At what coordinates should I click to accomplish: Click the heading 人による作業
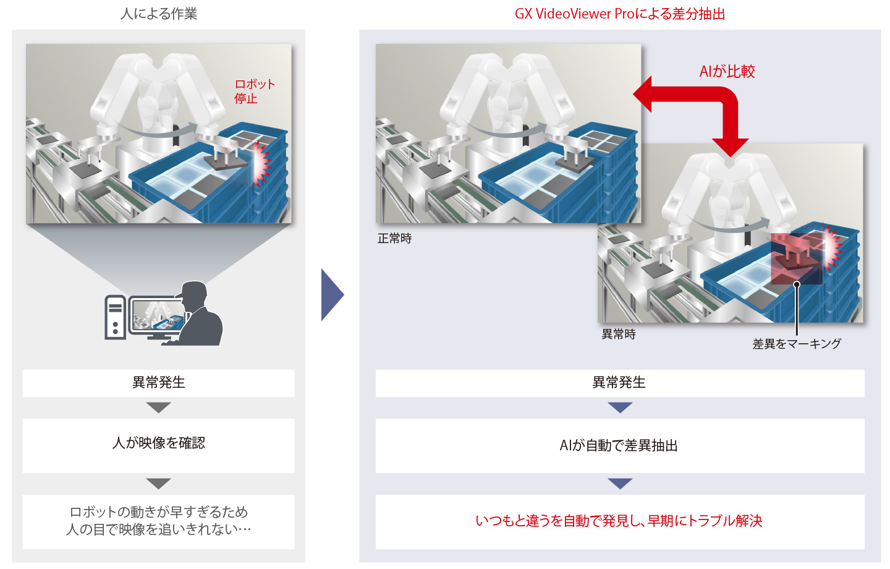[158, 14]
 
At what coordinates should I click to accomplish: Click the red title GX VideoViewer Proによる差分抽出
[620, 14]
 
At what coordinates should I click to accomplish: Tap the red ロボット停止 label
[254, 91]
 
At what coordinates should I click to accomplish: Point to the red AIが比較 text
[727, 72]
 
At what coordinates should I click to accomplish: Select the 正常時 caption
[394, 239]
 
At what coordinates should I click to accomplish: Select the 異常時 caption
[619, 335]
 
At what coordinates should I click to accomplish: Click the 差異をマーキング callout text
[797, 344]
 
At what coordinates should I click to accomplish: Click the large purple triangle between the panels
[332, 294]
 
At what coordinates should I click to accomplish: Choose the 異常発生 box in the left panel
[158, 383]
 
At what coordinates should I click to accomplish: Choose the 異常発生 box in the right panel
[620, 383]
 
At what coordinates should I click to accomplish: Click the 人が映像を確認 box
[158, 445]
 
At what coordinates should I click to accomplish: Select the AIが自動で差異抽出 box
[620, 445]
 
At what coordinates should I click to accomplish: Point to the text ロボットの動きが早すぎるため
[158, 512]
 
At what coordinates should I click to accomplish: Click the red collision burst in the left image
[261, 163]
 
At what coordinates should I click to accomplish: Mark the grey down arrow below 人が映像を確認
[158, 484]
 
